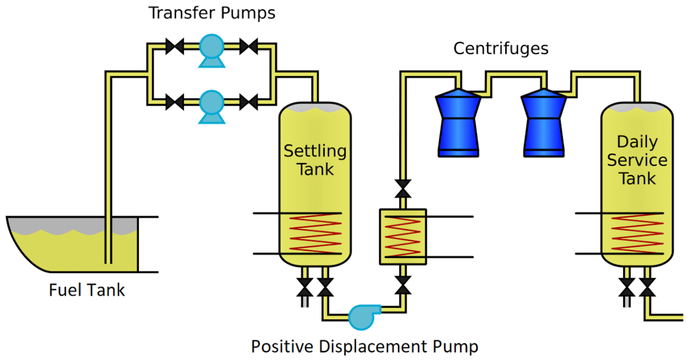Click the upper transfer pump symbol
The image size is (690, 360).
pyautogui.click(x=212, y=48)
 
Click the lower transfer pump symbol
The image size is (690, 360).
pyautogui.click(x=212, y=104)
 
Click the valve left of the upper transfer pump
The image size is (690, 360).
pyautogui.click(x=175, y=46)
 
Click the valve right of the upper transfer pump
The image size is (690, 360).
pyautogui.click(x=248, y=46)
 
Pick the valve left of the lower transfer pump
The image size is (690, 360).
pyautogui.click(x=175, y=102)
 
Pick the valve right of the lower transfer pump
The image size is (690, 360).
pyautogui.click(x=248, y=102)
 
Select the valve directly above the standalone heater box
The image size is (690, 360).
pyautogui.click(x=403, y=188)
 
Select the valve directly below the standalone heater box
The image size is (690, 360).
pyautogui.click(x=403, y=285)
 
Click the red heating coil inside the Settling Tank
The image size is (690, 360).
pyautogui.click(x=315, y=234)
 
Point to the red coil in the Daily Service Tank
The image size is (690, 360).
pyautogui.click(x=637, y=234)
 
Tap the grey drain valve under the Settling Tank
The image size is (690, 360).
pyautogui.click(x=305, y=288)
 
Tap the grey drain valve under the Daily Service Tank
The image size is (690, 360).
pyautogui.click(x=627, y=288)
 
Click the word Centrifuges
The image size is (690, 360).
pyautogui.click(x=501, y=49)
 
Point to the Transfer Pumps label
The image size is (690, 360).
pyautogui.click(x=212, y=13)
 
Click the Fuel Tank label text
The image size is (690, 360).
pyautogui.click(x=87, y=290)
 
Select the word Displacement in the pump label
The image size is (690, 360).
pyautogui.click(x=374, y=347)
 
